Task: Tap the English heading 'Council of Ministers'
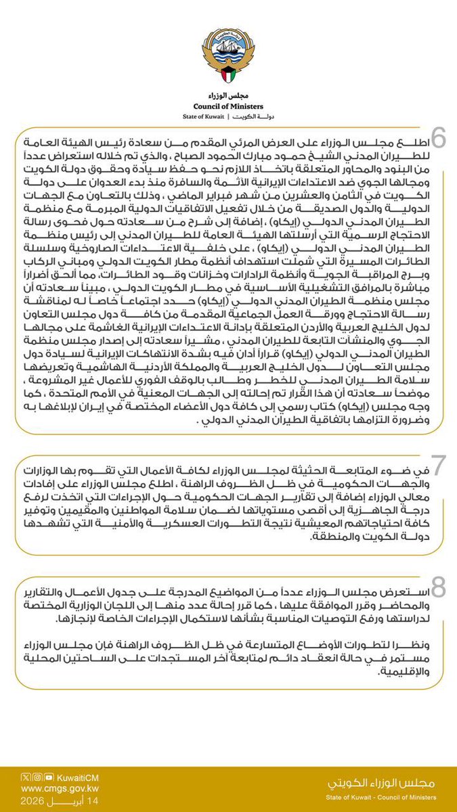coord(228,106)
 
